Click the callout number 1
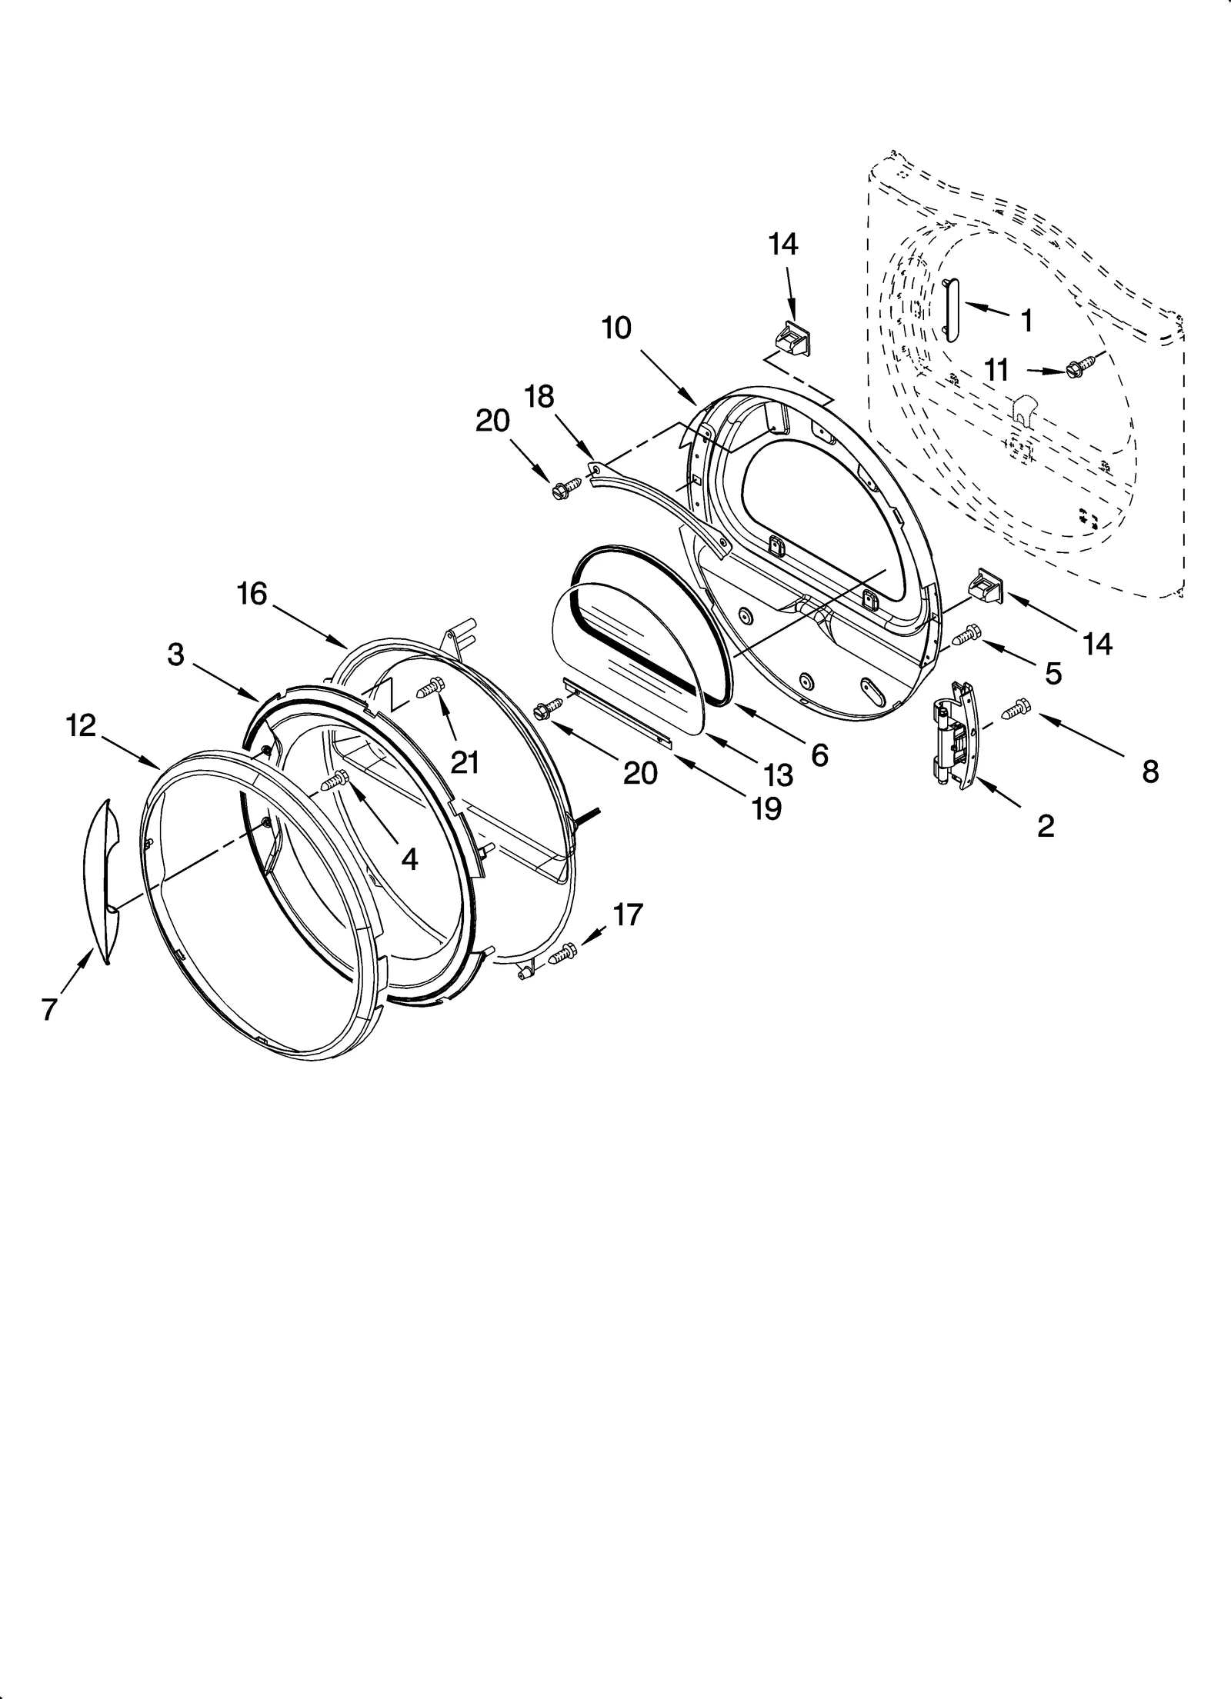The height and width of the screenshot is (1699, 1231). tap(1026, 320)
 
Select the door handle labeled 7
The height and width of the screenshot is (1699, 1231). tap(102, 881)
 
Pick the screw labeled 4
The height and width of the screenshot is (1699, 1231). tap(336, 781)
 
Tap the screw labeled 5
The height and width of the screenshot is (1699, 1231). tap(966, 634)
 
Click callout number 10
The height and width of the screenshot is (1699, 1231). tap(616, 328)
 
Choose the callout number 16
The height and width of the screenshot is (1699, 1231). tap(252, 594)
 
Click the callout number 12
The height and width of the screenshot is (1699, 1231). tap(81, 725)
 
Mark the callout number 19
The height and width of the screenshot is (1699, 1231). tap(766, 808)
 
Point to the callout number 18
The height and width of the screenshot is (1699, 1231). tap(539, 397)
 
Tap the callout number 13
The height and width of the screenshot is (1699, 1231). tap(779, 775)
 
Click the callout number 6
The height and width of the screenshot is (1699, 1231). tap(819, 756)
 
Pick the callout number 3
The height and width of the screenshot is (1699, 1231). tap(176, 655)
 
